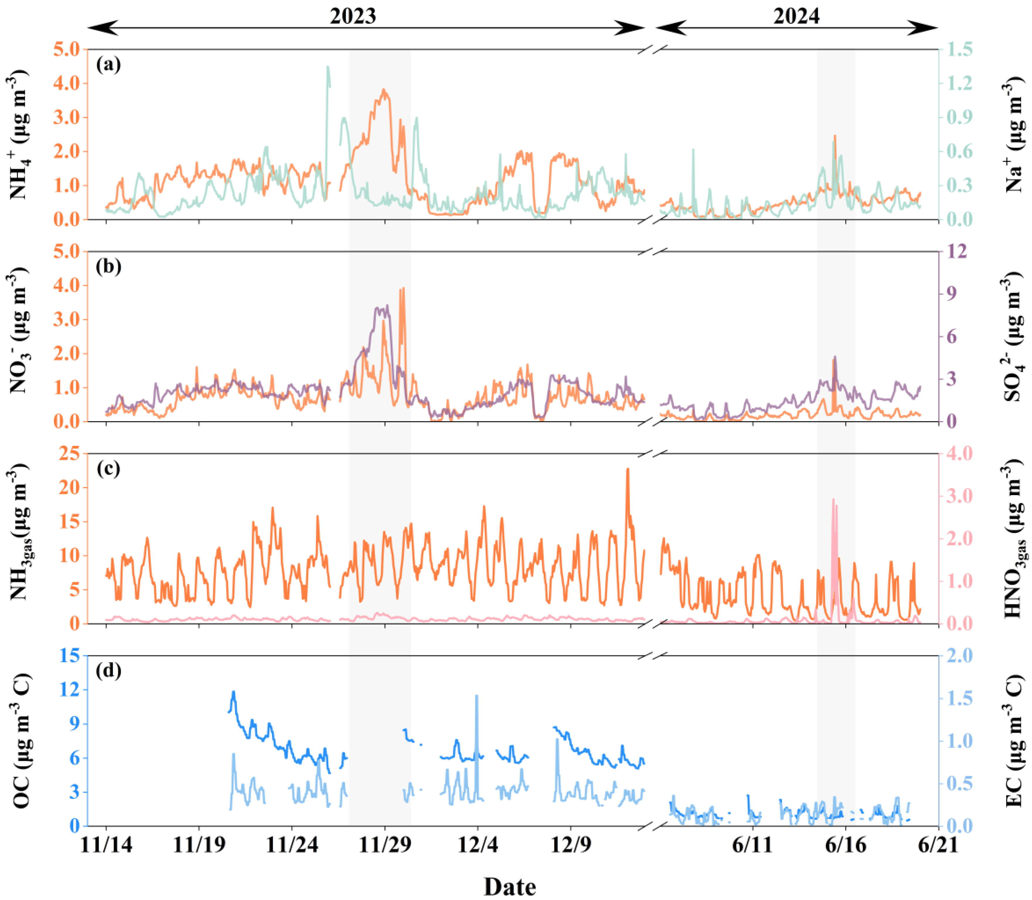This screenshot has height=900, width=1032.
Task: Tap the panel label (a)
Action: click(x=108, y=64)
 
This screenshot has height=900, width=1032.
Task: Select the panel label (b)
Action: click(x=108, y=266)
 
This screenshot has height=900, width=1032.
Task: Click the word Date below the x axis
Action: click(x=510, y=887)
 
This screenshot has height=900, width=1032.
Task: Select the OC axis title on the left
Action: click(x=21, y=741)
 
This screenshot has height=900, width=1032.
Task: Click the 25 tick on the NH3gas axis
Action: click(x=69, y=454)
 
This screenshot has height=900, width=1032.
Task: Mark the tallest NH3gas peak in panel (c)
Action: click(x=627, y=470)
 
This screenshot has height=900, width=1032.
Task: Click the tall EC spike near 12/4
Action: click(x=476, y=696)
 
